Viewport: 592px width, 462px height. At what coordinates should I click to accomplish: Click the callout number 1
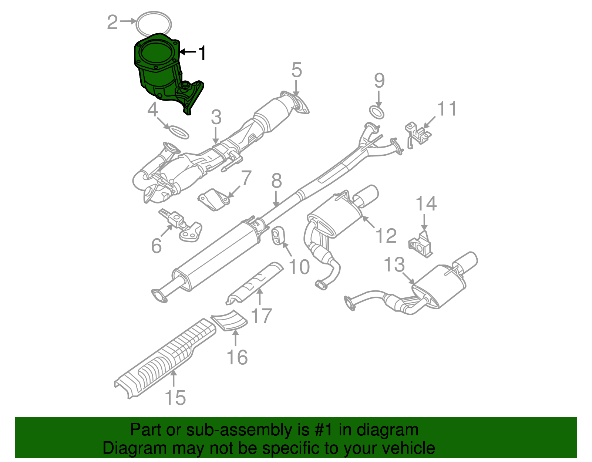(202, 53)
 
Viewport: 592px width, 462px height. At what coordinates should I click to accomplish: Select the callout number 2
(112, 22)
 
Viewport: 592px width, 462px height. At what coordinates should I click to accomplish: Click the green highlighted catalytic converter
(159, 70)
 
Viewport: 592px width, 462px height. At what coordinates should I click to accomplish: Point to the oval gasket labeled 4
(178, 132)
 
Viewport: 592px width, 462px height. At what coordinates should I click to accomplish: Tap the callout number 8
(276, 181)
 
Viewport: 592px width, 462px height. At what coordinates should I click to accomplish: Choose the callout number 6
(157, 246)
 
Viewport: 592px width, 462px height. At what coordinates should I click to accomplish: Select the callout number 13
(394, 265)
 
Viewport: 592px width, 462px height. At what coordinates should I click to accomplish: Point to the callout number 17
(261, 316)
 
